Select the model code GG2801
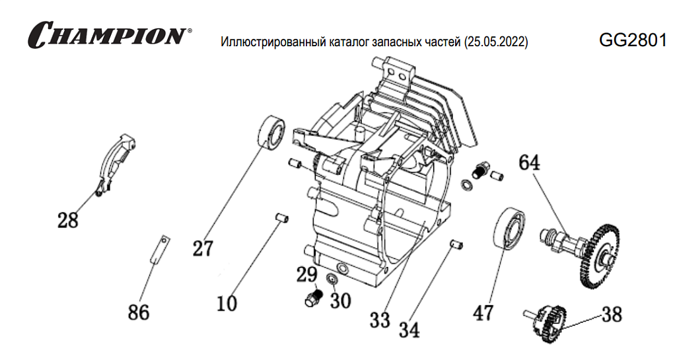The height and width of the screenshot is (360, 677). (x=632, y=40)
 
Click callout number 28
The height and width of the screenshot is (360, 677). (x=67, y=219)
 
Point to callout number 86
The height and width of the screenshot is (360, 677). (x=139, y=312)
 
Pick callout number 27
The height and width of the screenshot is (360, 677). (x=203, y=248)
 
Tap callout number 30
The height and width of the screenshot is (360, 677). (x=340, y=301)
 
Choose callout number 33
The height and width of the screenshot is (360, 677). (x=380, y=320)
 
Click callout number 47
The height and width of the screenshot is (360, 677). (x=483, y=312)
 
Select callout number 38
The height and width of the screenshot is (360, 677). (x=612, y=314)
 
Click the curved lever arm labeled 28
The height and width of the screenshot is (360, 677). (x=116, y=162)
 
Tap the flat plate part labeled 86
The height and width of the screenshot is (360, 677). (x=159, y=250)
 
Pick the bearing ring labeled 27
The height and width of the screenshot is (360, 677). (x=271, y=131)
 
